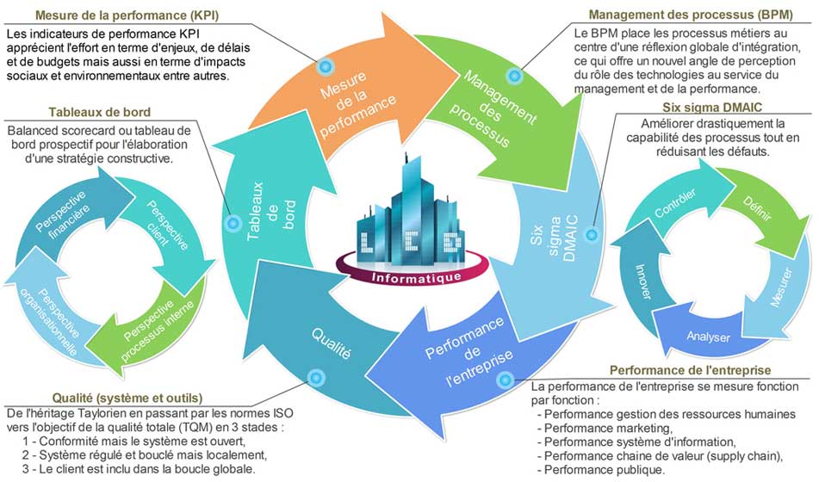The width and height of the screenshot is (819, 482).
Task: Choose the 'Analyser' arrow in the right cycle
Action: [x=708, y=337]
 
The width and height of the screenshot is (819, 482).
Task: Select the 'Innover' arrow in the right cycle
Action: [x=642, y=279]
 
